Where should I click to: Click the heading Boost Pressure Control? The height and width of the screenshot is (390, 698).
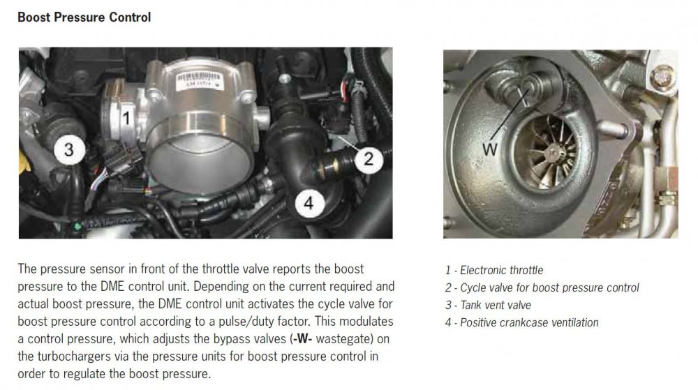pos(84,17)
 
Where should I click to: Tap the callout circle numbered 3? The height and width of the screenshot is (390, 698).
pos(68,149)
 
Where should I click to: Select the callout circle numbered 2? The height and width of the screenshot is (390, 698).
pos(369,158)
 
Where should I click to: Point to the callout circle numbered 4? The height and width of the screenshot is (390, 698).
pos(309,204)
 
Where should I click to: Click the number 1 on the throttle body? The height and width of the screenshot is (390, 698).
pos(126,117)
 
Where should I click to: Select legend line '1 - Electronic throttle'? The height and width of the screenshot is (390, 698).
pos(494,270)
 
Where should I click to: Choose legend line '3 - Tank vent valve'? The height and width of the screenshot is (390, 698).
pos(488,305)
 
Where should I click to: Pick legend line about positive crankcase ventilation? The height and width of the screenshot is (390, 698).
pos(521,322)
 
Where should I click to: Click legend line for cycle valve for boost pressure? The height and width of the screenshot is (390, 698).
pos(542,287)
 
